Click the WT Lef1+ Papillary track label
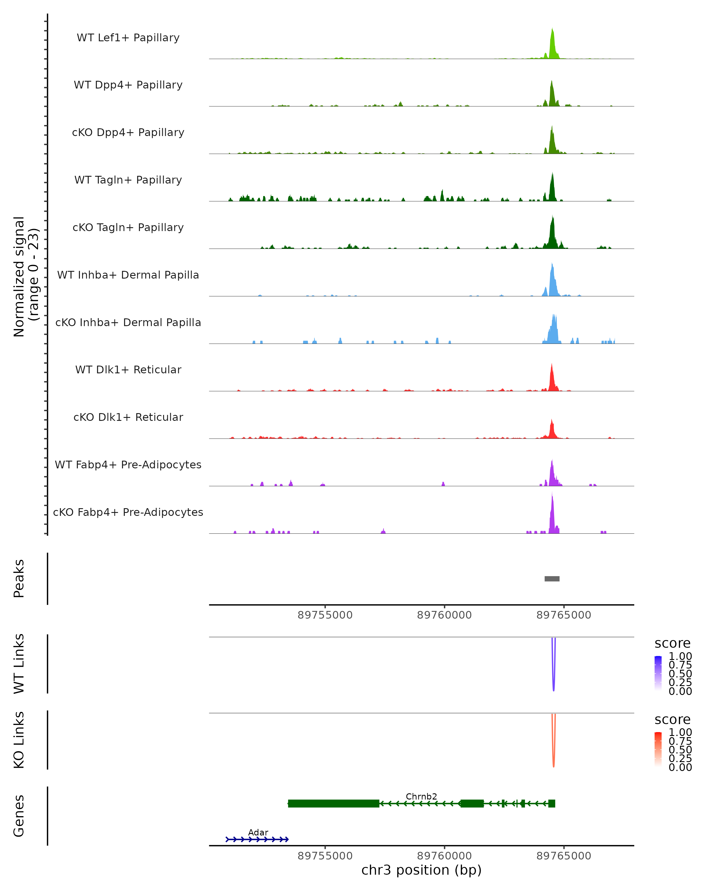tap(128, 38)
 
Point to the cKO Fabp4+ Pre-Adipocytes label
tap(128, 512)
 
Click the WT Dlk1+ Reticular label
tap(128, 369)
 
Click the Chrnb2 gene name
tap(421, 796)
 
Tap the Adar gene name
tap(258, 832)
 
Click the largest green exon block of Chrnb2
tap(334, 803)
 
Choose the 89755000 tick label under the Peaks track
tap(325, 615)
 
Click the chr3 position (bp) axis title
tap(421, 870)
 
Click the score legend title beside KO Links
tap(672, 720)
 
